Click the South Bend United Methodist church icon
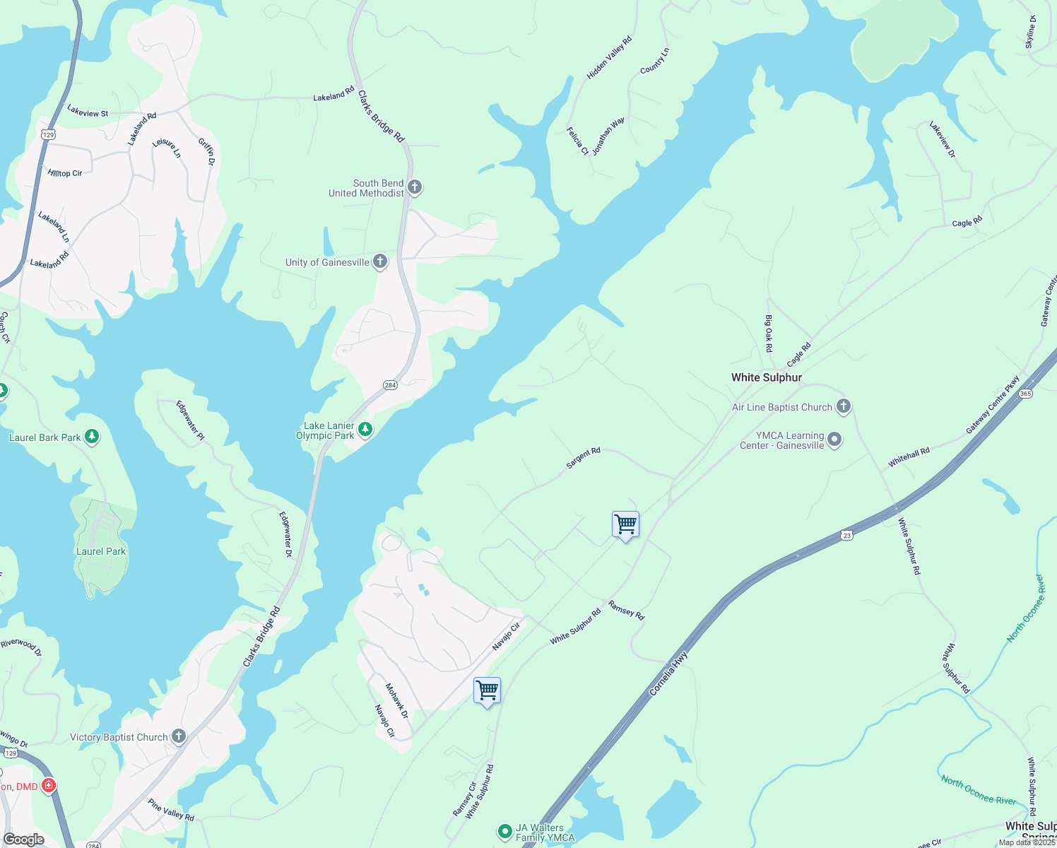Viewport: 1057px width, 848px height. click(415, 187)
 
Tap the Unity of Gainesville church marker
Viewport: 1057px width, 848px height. click(380, 262)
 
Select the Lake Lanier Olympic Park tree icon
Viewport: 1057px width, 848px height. click(365, 430)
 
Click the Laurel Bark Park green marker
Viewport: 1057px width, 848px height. click(92, 437)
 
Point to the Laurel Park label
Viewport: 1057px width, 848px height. click(101, 551)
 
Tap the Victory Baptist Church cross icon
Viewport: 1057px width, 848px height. click(179, 736)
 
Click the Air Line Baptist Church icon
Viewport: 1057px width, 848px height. click(843, 406)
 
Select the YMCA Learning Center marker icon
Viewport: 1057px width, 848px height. click(834, 440)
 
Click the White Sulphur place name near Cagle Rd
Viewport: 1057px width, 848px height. click(767, 377)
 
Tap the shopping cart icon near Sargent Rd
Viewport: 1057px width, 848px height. click(625, 525)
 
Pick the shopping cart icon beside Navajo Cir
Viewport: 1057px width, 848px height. click(487, 690)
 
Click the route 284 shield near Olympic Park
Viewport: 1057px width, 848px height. click(390, 385)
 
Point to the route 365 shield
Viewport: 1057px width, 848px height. click(1026, 394)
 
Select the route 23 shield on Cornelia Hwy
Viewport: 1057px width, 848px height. click(847, 536)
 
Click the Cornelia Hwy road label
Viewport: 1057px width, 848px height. click(668, 673)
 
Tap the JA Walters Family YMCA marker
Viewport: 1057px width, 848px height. click(504, 832)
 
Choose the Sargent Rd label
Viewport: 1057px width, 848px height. click(583, 458)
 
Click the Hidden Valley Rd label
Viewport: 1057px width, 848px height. click(609, 58)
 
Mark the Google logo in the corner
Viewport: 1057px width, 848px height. click(24, 840)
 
